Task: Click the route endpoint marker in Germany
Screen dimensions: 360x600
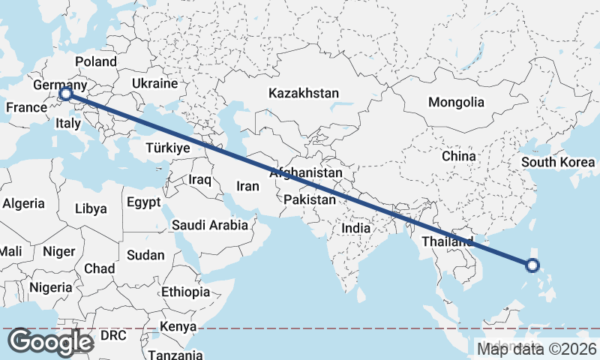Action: (x=65, y=94)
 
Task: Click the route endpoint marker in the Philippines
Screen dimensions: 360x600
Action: (x=532, y=265)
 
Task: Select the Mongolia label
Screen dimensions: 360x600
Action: (x=456, y=102)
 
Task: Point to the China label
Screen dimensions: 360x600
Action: (x=459, y=156)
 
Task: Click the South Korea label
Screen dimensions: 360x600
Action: (x=559, y=162)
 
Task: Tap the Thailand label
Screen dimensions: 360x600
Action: (x=447, y=241)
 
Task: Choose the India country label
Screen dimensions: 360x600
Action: (x=356, y=228)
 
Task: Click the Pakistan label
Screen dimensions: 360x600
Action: (x=310, y=199)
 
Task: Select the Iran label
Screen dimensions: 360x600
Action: (x=247, y=186)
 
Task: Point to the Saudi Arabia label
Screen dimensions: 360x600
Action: (x=210, y=225)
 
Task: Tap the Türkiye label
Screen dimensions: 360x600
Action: (x=168, y=148)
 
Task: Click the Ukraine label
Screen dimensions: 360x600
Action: (x=154, y=83)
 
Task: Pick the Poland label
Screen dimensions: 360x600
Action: (x=96, y=61)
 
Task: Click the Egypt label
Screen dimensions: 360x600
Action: (x=143, y=202)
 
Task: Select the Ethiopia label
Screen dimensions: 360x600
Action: (x=185, y=292)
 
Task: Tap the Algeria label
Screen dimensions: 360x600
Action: (x=24, y=203)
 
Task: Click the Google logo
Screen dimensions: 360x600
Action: (x=50, y=341)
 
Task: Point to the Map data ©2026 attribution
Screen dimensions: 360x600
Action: (x=537, y=348)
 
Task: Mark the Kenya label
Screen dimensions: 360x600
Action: (x=178, y=327)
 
